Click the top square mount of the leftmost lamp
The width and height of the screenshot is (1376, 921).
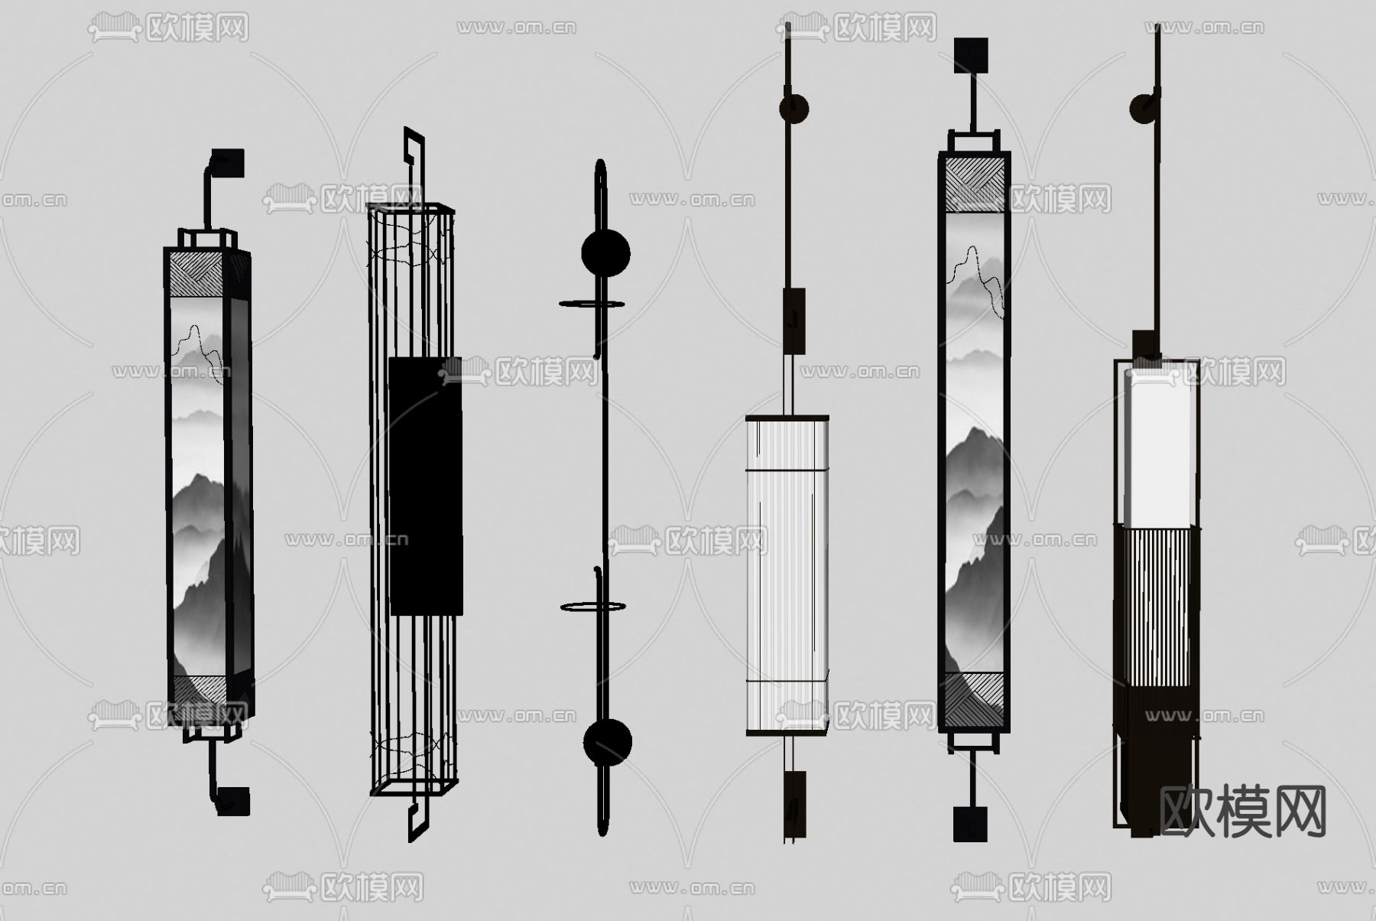228,163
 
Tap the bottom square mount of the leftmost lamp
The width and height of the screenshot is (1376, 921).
233,800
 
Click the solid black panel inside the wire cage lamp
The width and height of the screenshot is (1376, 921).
426,486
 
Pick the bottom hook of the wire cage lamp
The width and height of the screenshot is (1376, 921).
417,815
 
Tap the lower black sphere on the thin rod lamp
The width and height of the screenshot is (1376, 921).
608,742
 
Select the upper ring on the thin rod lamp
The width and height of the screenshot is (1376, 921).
592,304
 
